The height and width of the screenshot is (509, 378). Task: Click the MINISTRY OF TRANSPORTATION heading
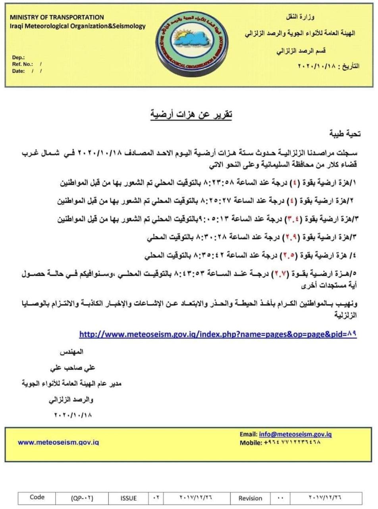tap(57, 17)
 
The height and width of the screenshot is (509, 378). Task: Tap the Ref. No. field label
tap(23, 64)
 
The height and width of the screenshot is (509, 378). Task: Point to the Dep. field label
tap(18, 57)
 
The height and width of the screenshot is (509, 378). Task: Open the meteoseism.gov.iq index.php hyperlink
tap(218, 334)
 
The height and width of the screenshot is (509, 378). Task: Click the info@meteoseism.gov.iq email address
tap(295, 434)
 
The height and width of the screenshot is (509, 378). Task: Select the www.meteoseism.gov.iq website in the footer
tap(58, 442)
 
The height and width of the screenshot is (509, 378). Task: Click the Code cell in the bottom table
tap(37, 497)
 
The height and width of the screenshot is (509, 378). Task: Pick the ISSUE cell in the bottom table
tap(129, 498)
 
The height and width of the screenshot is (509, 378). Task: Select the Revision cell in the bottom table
tap(250, 498)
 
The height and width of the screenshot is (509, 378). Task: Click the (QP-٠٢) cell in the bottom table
tap(83, 498)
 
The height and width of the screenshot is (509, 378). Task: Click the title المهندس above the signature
tap(71, 352)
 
